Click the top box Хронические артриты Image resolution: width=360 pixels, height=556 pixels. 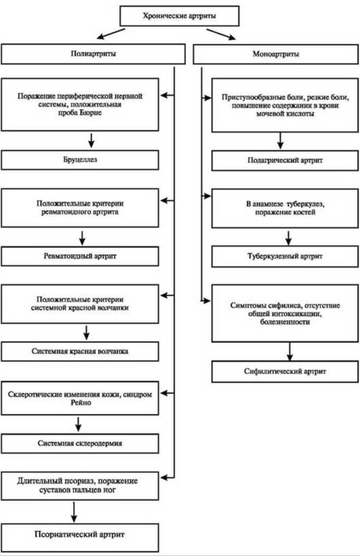click(180, 16)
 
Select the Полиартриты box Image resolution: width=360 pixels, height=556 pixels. click(93, 54)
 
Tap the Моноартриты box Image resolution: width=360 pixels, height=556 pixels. click(276, 54)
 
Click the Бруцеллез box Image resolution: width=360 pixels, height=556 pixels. click(80, 160)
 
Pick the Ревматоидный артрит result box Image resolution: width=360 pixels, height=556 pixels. click(80, 256)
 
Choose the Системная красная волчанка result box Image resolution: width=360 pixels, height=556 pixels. click(80, 351)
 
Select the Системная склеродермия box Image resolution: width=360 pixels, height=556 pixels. click(80, 443)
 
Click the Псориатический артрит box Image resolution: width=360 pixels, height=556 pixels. click(80, 535)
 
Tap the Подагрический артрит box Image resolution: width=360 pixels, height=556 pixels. click(285, 160)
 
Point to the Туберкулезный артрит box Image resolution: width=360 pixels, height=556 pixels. click(285, 256)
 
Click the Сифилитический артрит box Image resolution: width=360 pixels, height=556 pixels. click(285, 371)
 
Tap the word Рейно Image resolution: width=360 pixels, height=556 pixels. click(81, 403)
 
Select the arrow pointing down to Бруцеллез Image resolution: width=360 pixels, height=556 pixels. click(91, 141)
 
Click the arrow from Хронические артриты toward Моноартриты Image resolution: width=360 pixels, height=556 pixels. click(221, 34)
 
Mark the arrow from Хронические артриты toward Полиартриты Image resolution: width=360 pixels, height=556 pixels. click(111, 34)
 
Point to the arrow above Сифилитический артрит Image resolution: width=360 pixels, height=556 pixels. click(290, 351)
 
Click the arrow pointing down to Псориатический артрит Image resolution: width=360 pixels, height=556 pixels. click(74, 512)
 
